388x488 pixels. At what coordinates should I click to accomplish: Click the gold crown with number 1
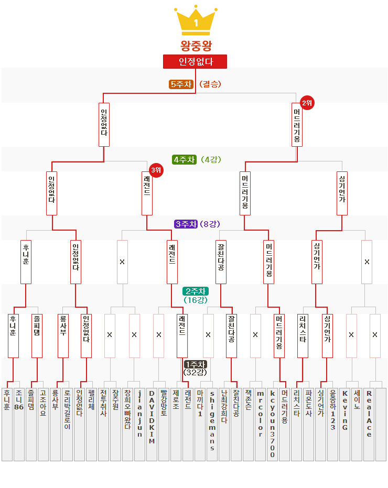(196, 20)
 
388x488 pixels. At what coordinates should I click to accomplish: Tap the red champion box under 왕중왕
(195, 61)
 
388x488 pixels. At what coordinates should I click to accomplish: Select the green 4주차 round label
(184, 159)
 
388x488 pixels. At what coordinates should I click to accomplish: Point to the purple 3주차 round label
(185, 224)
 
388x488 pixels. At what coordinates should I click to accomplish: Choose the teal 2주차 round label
(196, 291)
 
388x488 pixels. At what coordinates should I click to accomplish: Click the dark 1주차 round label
(196, 364)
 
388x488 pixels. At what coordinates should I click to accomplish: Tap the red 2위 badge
(307, 103)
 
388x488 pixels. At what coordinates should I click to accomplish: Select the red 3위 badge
(156, 170)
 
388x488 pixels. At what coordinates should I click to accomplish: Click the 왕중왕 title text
(196, 46)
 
